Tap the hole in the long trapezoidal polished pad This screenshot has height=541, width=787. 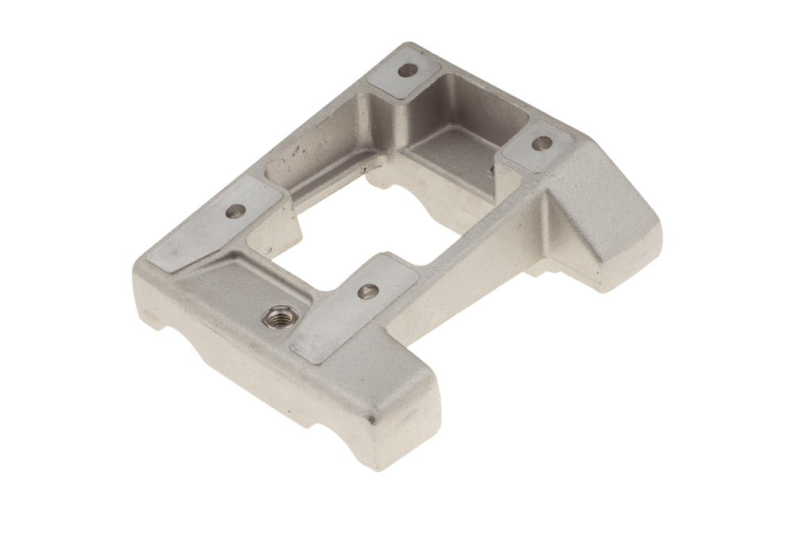click(236, 211)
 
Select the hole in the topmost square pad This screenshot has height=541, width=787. click(408, 71)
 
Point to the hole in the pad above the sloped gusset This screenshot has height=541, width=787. click(541, 144)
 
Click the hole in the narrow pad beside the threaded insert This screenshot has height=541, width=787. click(366, 292)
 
